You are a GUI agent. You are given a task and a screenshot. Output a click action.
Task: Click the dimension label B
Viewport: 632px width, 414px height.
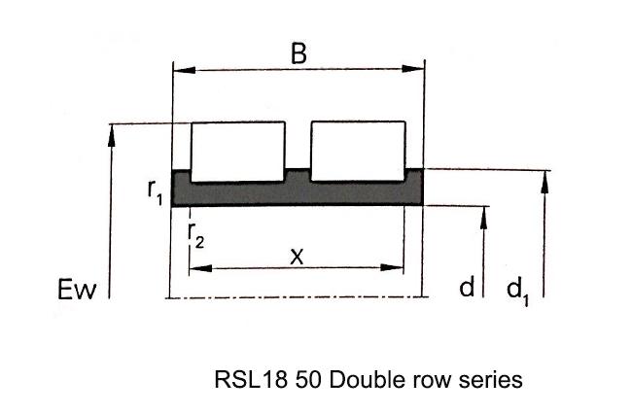[298, 53]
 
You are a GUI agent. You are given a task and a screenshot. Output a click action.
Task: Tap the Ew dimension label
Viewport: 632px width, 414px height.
[77, 290]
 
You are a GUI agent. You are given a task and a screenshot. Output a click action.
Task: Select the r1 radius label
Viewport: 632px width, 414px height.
[156, 192]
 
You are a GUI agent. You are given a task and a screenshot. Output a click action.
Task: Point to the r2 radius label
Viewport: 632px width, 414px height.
[196, 235]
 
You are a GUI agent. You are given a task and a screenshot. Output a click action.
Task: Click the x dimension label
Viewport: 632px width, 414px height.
[297, 257]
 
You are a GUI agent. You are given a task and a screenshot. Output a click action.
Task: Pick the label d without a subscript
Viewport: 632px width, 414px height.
[467, 287]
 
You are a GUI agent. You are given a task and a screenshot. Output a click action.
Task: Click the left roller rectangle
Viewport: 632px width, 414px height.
[238, 152]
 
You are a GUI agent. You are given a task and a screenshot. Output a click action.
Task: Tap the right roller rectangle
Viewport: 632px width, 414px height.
[358, 151]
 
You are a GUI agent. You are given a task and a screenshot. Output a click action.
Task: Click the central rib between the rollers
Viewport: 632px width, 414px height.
[298, 176]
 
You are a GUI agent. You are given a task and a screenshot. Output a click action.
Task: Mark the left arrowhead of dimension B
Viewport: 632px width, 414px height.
[184, 70]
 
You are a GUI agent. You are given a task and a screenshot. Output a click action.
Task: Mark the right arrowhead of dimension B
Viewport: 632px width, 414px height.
[413, 68]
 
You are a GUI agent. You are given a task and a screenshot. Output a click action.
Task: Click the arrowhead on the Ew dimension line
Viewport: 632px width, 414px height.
[112, 136]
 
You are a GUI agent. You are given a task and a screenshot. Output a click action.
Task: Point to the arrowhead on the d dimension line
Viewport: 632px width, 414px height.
[483, 219]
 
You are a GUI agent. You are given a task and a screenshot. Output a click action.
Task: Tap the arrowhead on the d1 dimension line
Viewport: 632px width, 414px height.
[544, 182]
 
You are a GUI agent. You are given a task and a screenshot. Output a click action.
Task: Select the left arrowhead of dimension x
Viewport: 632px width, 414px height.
[200, 268]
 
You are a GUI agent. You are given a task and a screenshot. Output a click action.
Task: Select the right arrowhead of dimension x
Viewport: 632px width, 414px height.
[392, 267]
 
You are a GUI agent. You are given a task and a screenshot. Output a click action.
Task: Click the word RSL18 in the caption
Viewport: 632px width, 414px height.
[251, 380]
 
